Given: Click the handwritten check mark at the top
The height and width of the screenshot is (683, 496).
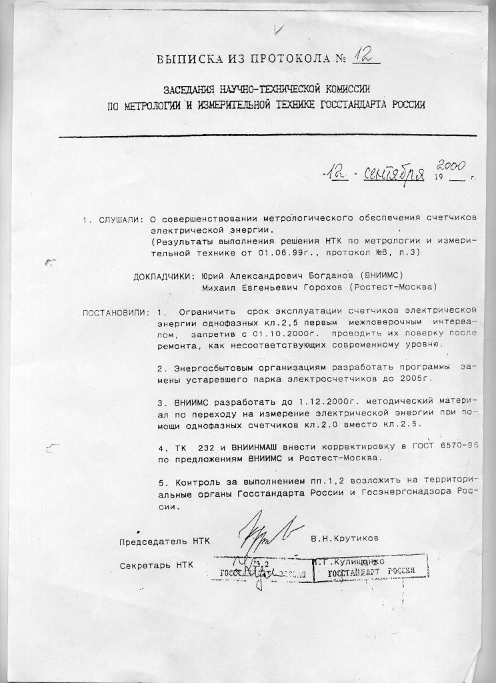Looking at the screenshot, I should pyautogui.click(x=278, y=27).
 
